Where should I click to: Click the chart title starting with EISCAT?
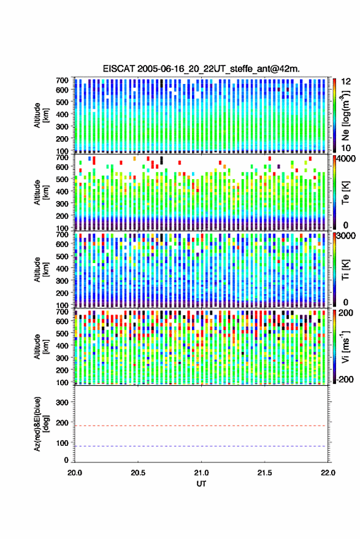click(201, 69)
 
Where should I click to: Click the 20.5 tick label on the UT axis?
click(138, 473)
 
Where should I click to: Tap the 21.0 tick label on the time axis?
click(201, 473)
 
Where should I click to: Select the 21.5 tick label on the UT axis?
click(264, 473)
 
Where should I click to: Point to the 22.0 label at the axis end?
click(328, 473)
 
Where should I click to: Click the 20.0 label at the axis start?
click(75, 473)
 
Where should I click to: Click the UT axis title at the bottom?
click(201, 484)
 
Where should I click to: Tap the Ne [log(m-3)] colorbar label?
click(345, 116)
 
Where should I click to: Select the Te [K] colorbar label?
click(345, 193)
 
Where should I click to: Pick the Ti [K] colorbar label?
click(345, 270)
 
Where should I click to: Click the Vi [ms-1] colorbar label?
click(345, 346)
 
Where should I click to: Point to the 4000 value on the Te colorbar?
click(347, 160)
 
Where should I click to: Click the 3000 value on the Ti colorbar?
click(347, 236)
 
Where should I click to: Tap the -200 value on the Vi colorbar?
click(344, 379)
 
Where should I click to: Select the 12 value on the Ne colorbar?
click(346, 82)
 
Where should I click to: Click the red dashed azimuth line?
click(201, 426)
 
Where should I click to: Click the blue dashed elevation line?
click(201, 446)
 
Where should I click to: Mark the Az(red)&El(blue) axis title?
click(41, 424)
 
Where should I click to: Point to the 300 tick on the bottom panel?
click(62, 402)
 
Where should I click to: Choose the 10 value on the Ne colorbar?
click(346, 148)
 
